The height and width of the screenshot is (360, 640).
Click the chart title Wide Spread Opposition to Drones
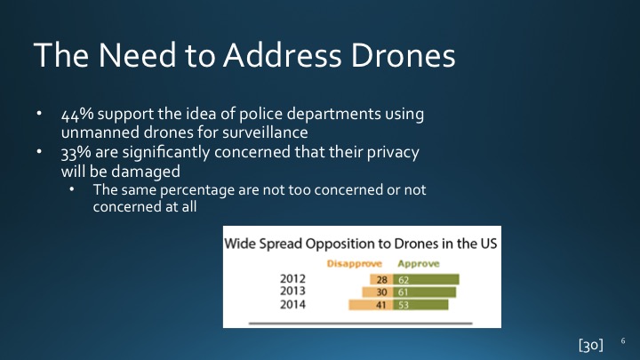[361, 242]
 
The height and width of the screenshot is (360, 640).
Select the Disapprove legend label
[356, 264]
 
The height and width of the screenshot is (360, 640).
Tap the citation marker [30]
[590, 342]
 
